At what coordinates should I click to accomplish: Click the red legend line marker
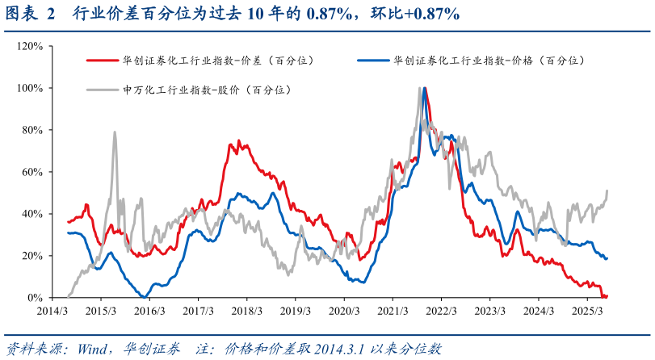100,61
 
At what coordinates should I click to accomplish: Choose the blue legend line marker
371,61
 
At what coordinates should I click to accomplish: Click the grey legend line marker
100,90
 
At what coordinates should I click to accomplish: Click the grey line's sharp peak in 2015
115,132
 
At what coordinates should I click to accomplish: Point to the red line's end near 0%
605,296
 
